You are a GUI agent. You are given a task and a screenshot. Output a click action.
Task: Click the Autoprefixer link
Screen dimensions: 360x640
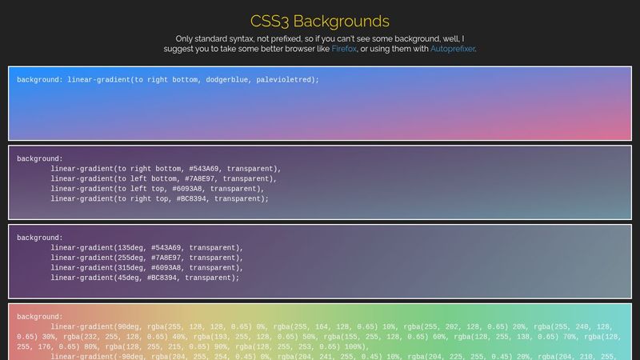click(x=453, y=49)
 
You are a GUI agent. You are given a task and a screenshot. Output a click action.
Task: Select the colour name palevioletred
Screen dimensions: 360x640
click(x=285, y=80)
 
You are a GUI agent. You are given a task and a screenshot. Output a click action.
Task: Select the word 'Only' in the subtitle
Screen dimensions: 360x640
click(x=186, y=38)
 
